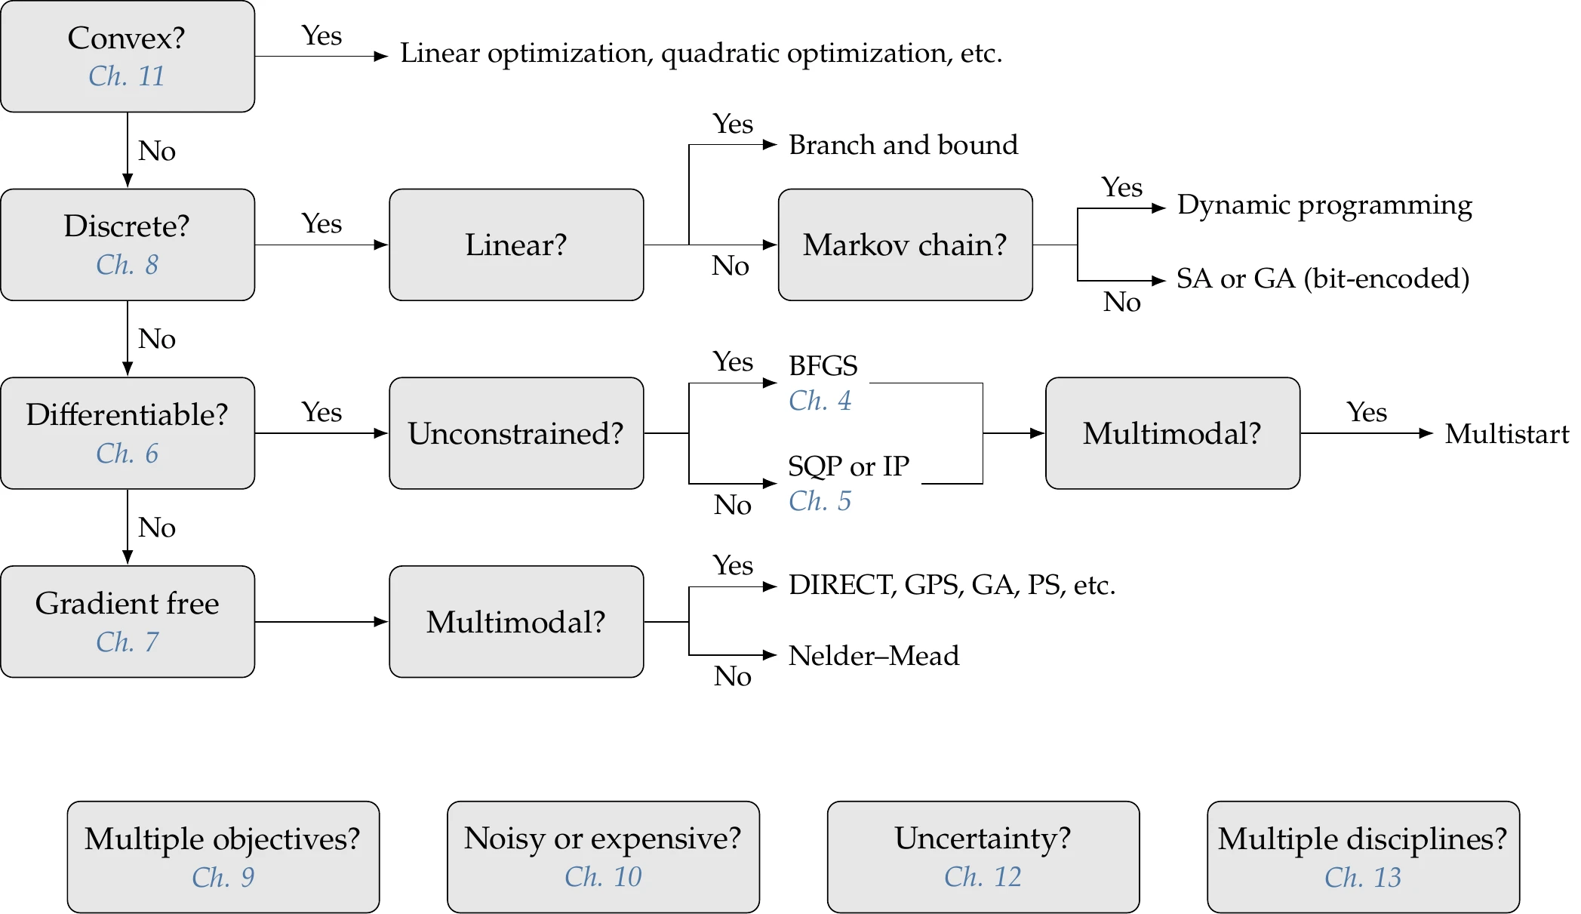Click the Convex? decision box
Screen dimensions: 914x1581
pyautogui.click(x=127, y=56)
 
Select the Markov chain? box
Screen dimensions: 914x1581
pyautogui.click(x=905, y=245)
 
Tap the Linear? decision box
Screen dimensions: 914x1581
pyautogui.click(x=516, y=245)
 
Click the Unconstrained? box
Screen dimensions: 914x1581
pyautogui.click(x=516, y=433)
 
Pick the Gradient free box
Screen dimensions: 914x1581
pyautogui.click(x=127, y=621)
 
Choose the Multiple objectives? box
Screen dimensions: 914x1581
pyautogui.click(x=223, y=857)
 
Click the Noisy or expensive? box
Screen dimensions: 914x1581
pyautogui.click(x=603, y=857)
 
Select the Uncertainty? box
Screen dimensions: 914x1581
pyautogui.click(x=983, y=857)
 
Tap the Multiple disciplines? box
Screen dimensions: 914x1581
pyautogui.click(x=1362, y=857)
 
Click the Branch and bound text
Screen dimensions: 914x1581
pyautogui.click(x=903, y=145)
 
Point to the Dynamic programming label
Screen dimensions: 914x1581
pyautogui.click(x=1324, y=205)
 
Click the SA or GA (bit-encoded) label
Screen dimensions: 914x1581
pyautogui.click(x=1322, y=279)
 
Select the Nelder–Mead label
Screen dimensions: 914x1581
pyautogui.click(x=873, y=656)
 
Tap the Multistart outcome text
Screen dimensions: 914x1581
pyautogui.click(x=1506, y=434)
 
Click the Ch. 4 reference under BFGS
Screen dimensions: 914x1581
pyautogui.click(x=820, y=401)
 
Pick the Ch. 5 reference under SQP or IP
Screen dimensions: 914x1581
pyautogui.click(x=820, y=501)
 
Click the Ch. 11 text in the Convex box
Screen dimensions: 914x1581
pyautogui.click(x=126, y=76)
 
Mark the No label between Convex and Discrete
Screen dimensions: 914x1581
pyautogui.click(x=156, y=151)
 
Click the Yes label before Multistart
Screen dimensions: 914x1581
pyautogui.click(x=1367, y=412)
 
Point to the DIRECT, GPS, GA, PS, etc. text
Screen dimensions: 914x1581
pyautogui.click(x=951, y=585)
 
